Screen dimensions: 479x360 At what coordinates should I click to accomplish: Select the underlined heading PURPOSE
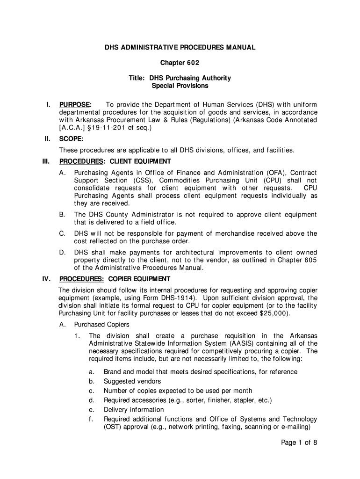click(75, 104)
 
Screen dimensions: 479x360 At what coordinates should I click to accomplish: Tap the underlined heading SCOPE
click(71, 139)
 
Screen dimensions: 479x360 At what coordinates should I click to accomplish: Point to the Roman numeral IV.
click(46, 279)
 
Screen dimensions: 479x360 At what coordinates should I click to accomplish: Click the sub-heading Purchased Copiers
click(102, 325)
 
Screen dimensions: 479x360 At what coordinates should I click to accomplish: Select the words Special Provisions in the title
click(180, 86)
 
